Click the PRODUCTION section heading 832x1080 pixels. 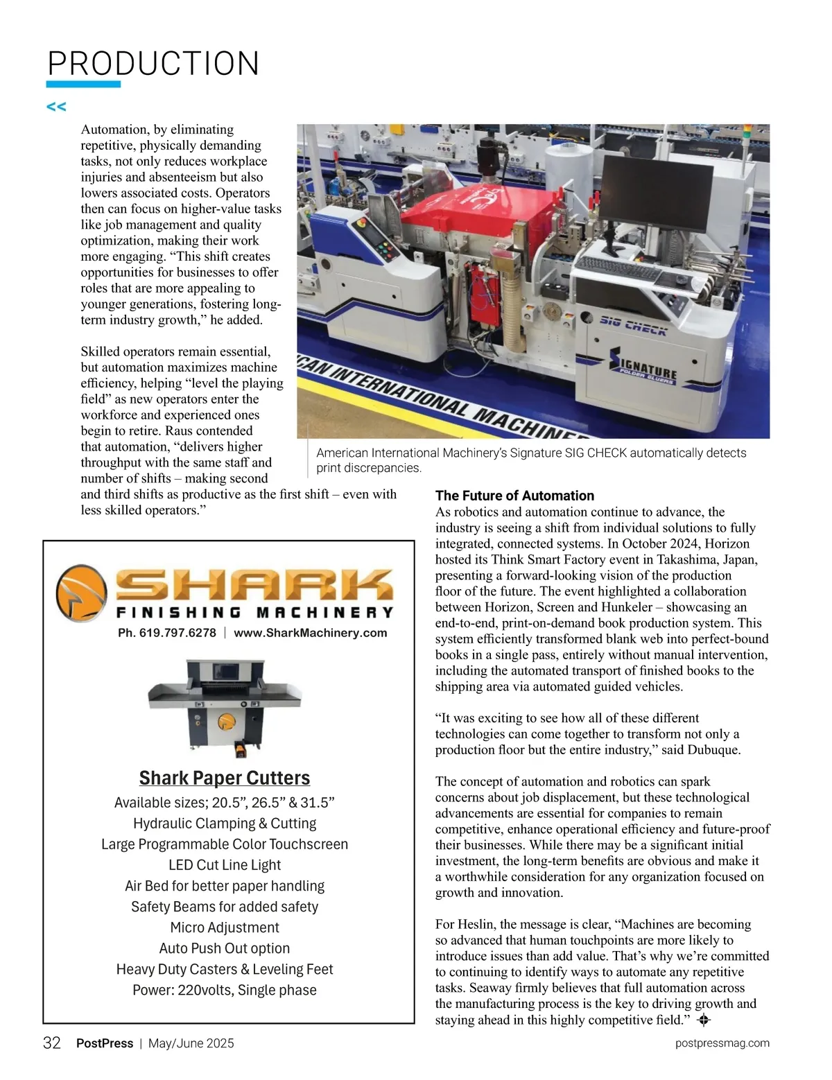153,64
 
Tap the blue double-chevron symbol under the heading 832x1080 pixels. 56,107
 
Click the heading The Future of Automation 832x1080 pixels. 514,496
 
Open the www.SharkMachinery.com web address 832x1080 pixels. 310,633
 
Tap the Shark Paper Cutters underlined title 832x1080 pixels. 225,778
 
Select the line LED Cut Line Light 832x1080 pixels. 225,865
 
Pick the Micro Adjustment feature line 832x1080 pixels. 225,927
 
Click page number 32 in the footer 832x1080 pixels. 52,1043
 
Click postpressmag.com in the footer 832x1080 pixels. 722,1043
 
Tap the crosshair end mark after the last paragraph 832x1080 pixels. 703,1020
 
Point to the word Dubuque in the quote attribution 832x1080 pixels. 714,750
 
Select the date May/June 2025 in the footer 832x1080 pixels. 191,1043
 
